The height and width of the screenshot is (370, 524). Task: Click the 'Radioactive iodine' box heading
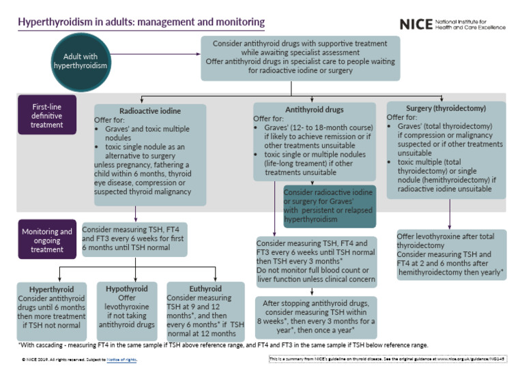149,109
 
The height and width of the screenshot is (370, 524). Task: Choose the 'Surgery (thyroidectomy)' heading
446,107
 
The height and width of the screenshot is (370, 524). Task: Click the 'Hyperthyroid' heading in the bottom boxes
52,289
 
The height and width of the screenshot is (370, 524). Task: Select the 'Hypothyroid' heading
127,289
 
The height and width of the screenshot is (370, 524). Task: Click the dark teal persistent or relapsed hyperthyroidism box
329,206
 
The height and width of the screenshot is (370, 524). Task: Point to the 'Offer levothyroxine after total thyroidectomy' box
451,255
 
